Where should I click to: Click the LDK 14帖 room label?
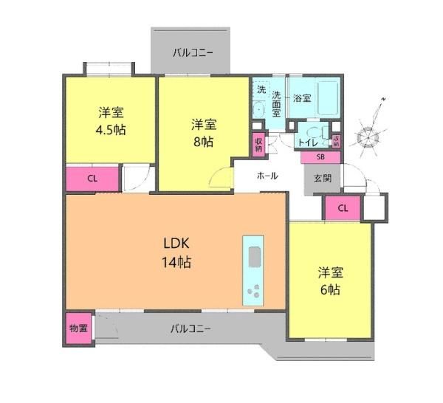tap(176, 252)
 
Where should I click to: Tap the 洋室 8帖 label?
tap(204, 133)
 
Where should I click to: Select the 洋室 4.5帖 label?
tap(111, 121)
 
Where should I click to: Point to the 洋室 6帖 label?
tap(331, 281)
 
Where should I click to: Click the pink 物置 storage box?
tap(79, 328)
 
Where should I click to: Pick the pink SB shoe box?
tap(320, 157)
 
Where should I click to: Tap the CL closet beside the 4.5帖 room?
tap(92, 179)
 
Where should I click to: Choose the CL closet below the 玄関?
tap(343, 208)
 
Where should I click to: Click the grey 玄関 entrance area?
tap(323, 179)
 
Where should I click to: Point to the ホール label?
tap(267, 176)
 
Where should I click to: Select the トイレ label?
tap(308, 142)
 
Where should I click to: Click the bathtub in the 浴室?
tap(328, 97)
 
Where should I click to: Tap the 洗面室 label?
tap(276, 104)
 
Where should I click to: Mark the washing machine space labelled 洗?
tap(261, 89)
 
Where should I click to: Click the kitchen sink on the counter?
tap(255, 256)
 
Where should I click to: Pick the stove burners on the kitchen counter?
tap(254, 291)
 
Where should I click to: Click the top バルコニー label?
tap(193, 53)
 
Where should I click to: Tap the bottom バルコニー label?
tap(190, 328)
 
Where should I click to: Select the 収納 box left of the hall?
tap(259, 145)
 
